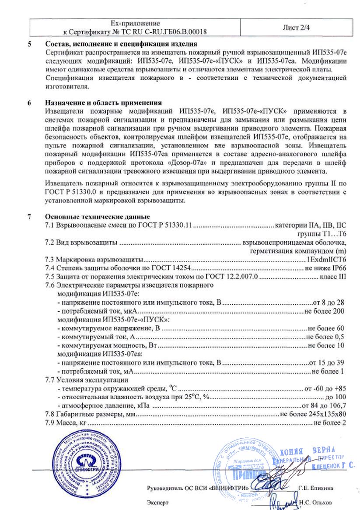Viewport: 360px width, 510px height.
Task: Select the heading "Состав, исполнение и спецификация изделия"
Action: pos(121,44)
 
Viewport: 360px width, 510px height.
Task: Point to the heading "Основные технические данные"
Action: pos(98,217)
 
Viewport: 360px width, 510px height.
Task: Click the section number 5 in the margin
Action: pos(30,44)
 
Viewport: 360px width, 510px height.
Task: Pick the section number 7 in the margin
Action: pos(30,217)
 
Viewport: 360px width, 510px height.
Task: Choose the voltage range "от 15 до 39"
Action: pos(327,362)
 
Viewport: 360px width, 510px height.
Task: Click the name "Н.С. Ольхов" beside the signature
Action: pos(316,503)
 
